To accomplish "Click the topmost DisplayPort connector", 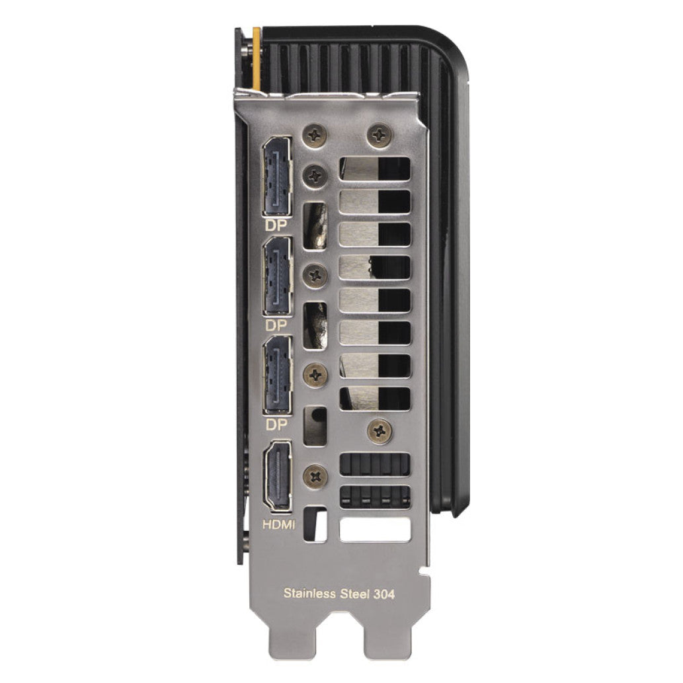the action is [x=277, y=177].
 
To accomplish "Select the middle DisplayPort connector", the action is [x=277, y=276].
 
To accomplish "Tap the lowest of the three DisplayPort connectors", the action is [x=277, y=375].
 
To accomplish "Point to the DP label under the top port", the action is [x=276, y=225].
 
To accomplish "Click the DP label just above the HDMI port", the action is [x=276, y=424].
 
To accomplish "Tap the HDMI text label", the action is [x=279, y=524].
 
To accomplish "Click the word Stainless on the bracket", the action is [x=309, y=593].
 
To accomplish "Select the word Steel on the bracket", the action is [x=354, y=593].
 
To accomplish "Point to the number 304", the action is [x=383, y=594].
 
